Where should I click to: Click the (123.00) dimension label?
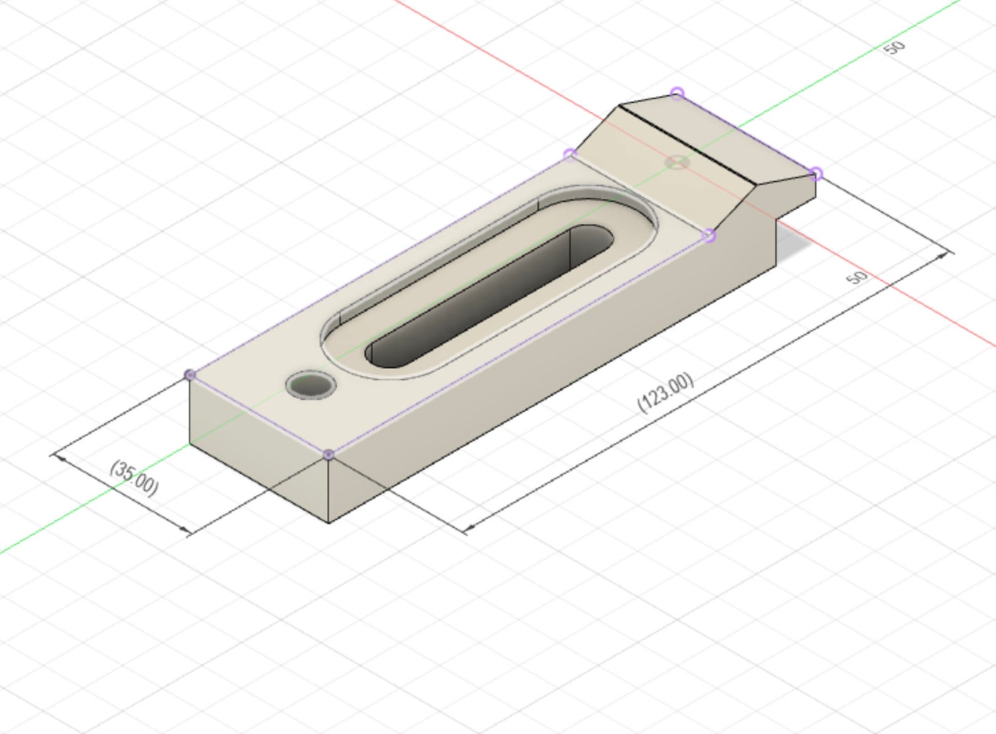(666, 393)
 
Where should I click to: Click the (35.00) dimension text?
(134, 478)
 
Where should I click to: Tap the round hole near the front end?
(310, 384)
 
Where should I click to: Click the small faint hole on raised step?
(677, 162)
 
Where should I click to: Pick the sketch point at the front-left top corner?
(190, 375)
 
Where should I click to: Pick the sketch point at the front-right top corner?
(329, 454)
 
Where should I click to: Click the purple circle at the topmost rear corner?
(677, 94)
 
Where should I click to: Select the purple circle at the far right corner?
(815, 174)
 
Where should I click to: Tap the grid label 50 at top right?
(895, 47)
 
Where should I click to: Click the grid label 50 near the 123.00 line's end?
(857, 278)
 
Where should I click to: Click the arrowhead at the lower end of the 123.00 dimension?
(467, 528)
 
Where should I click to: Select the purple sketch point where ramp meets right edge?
(709, 236)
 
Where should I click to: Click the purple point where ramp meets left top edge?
(570, 154)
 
